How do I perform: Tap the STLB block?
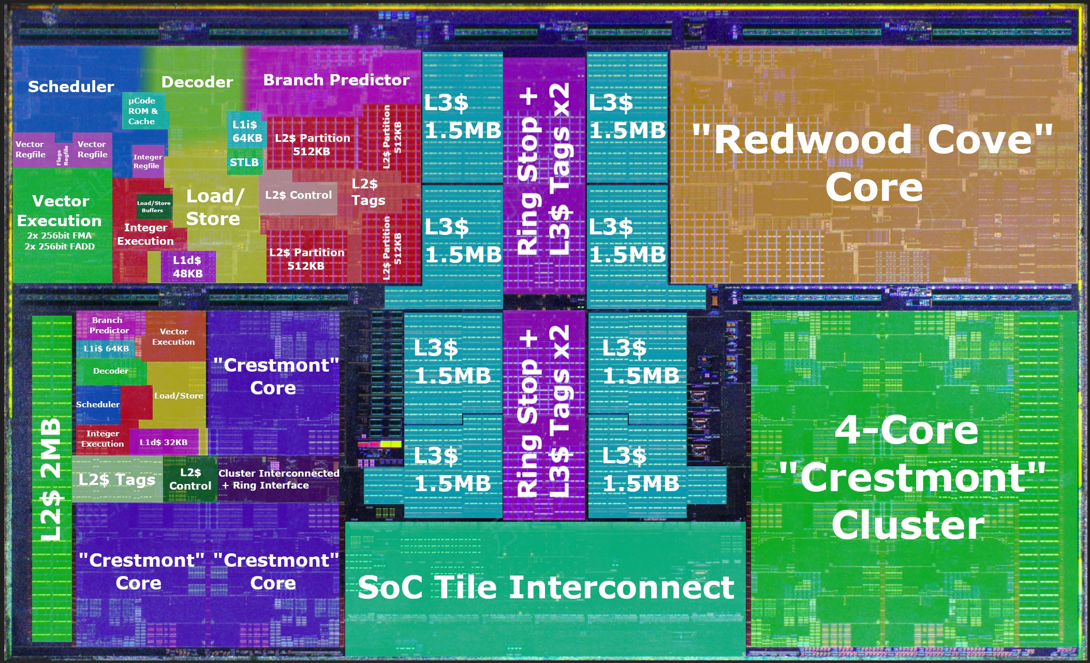point(244,163)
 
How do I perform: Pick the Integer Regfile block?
point(148,161)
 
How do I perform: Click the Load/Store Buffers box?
point(153,207)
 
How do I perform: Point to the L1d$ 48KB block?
point(187,267)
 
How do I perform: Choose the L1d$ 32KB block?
point(164,442)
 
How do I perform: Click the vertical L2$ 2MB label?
point(52,479)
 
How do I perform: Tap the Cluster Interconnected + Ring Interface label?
point(278,479)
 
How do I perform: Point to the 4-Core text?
point(906,430)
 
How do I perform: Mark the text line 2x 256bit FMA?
point(60,235)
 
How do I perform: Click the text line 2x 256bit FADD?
point(60,246)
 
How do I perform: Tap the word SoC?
point(390,587)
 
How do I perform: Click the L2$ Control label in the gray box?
point(298,195)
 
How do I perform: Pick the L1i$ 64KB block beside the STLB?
point(247,131)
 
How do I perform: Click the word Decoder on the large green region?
point(197,82)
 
